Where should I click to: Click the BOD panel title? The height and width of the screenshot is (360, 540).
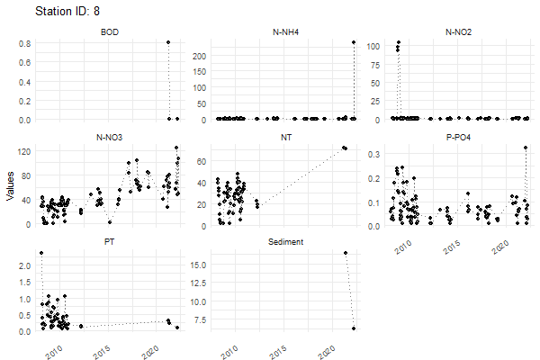111,32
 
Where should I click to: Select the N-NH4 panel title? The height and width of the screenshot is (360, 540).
287,32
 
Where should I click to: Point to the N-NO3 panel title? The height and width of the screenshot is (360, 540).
111,138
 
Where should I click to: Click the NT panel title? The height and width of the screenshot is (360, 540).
286,138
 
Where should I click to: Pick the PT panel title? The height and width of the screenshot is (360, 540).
111,243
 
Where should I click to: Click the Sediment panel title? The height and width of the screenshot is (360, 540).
286,243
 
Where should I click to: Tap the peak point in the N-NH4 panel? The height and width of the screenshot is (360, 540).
354,42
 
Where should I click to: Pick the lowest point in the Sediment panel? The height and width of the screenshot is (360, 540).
354,328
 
